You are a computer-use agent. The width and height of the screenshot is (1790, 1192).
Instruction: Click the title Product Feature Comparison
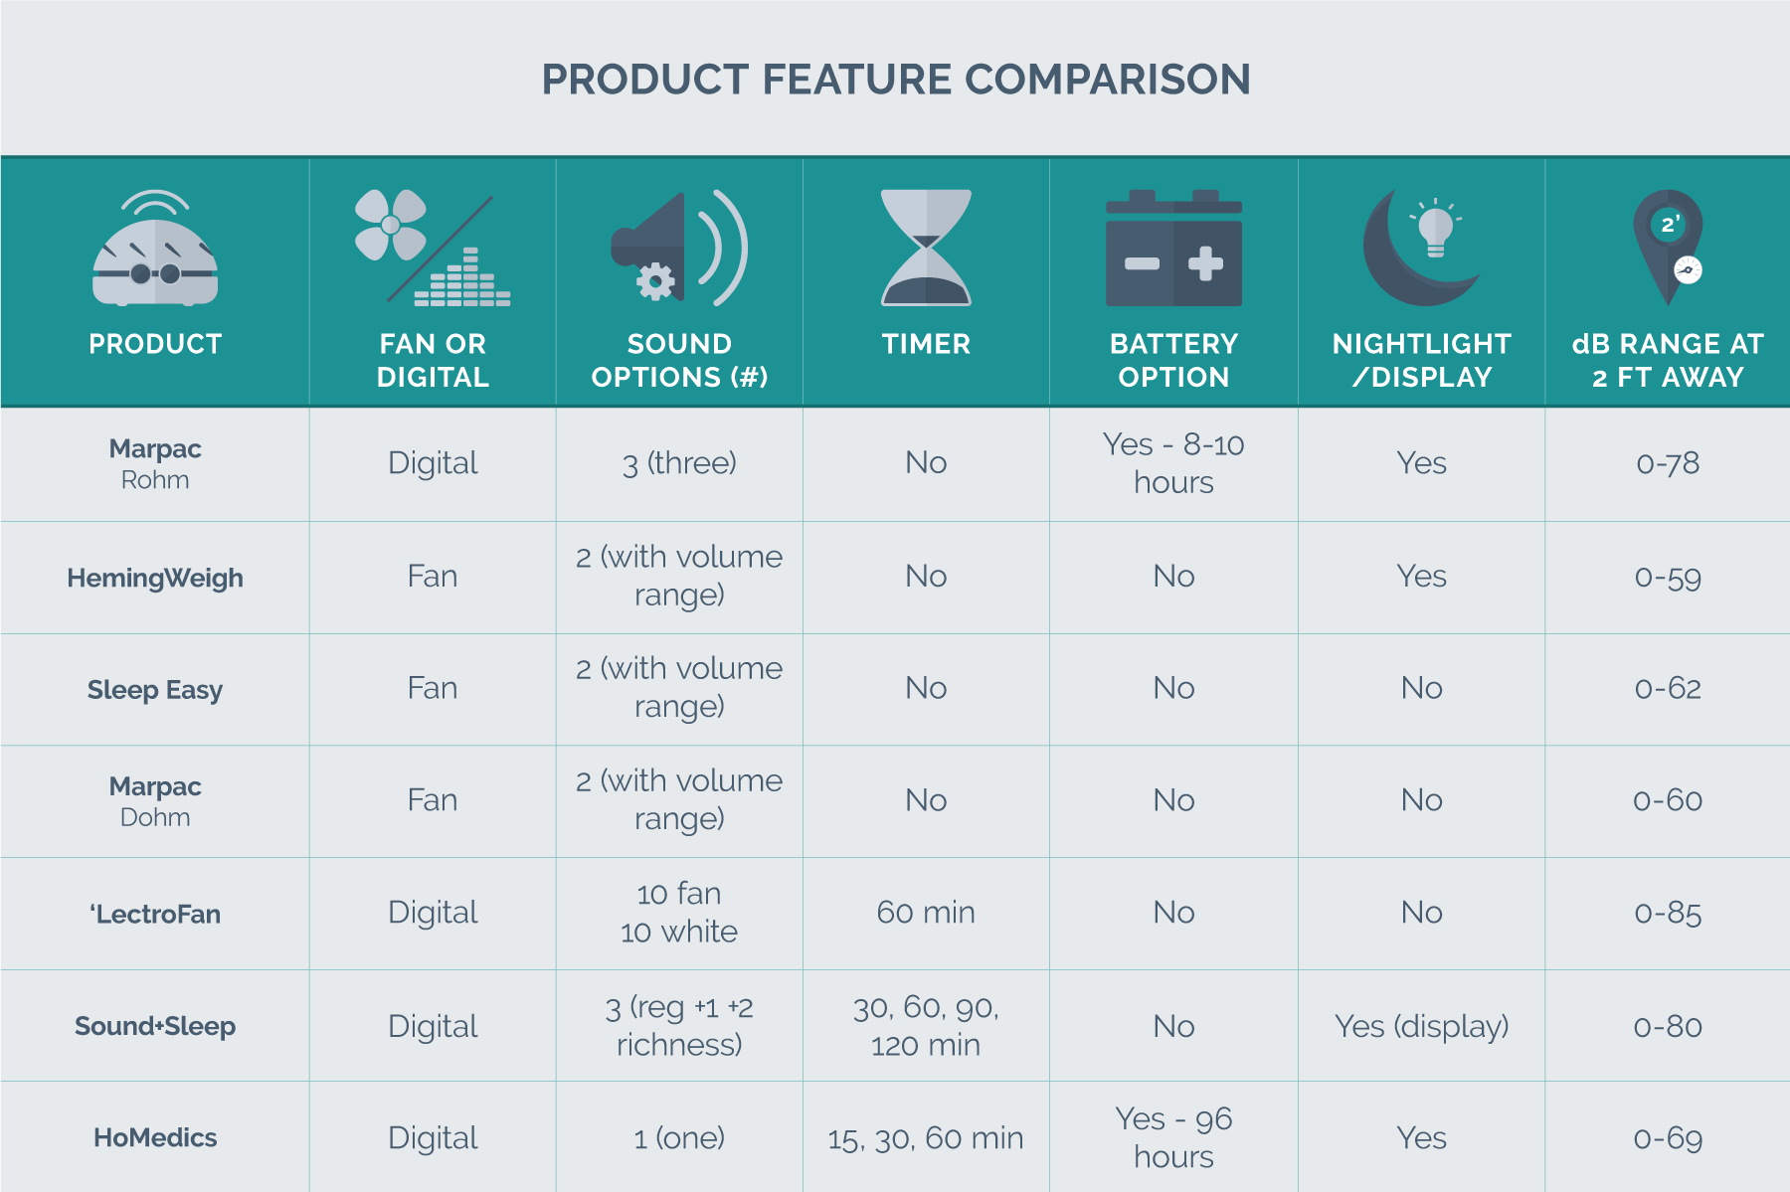click(895, 80)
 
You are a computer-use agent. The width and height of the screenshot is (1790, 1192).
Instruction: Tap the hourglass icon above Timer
click(926, 248)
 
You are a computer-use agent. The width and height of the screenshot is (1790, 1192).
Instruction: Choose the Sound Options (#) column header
click(679, 360)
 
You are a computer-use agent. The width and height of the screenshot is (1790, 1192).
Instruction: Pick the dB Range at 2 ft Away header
click(1668, 360)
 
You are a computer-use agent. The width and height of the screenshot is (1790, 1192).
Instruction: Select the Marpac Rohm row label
click(155, 463)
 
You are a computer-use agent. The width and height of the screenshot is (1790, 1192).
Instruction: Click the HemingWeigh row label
click(155, 578)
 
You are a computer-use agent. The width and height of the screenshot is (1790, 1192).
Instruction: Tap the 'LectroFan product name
click(155, 914)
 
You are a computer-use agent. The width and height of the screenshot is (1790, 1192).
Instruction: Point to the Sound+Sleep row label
click(155, 1026)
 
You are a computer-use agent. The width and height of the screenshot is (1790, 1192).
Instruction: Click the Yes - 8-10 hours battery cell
click(1173, 463)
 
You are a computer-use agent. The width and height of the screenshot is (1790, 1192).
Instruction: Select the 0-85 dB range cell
click(1668, 913)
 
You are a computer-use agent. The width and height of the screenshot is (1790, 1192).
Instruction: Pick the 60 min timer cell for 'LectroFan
click(926, 913)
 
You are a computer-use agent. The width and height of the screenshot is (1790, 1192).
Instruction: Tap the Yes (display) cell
click(1421, 1026)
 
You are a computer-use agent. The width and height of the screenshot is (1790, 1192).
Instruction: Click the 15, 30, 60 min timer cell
click(926, 1138)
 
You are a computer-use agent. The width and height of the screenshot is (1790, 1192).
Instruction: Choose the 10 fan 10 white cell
click(679, 913)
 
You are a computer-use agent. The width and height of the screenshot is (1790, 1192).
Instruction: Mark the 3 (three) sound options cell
click(679, 463)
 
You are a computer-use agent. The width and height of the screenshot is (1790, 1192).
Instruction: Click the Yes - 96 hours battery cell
click(1173, 1138)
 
